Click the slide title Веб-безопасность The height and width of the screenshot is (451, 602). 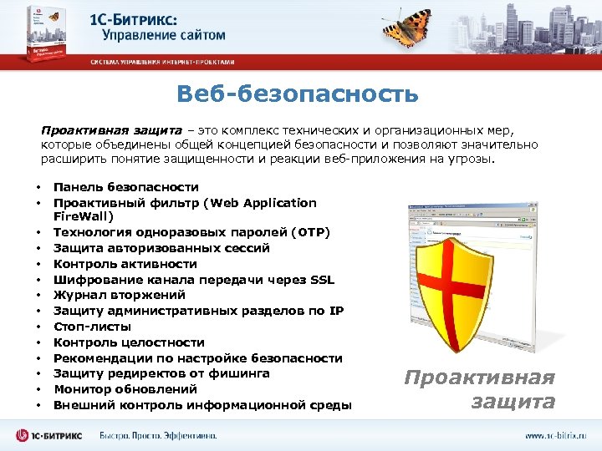point(297,94)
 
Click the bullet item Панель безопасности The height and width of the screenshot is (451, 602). point(125,187)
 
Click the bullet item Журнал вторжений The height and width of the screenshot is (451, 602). point(120,295)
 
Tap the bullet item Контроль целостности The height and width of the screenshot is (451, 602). point(129,342)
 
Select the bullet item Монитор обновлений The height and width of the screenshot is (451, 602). point(125,389)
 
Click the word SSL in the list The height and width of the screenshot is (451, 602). point(322,279)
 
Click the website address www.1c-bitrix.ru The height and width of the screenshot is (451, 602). point(555,435)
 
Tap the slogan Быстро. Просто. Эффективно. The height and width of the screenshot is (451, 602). point(157,435)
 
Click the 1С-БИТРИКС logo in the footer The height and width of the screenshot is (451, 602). point(52,435)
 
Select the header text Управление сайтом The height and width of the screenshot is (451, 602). point(163,35)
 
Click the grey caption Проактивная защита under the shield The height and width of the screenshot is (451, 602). point(479,389)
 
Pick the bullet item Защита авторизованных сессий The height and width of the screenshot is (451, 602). point(161,248)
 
